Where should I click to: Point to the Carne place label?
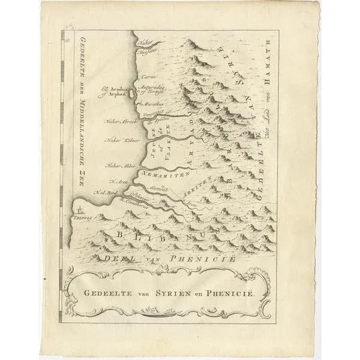point(146,77)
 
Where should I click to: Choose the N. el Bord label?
point(103,192)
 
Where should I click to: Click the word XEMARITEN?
point(165,172)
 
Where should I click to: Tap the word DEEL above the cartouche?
point(120,258)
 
